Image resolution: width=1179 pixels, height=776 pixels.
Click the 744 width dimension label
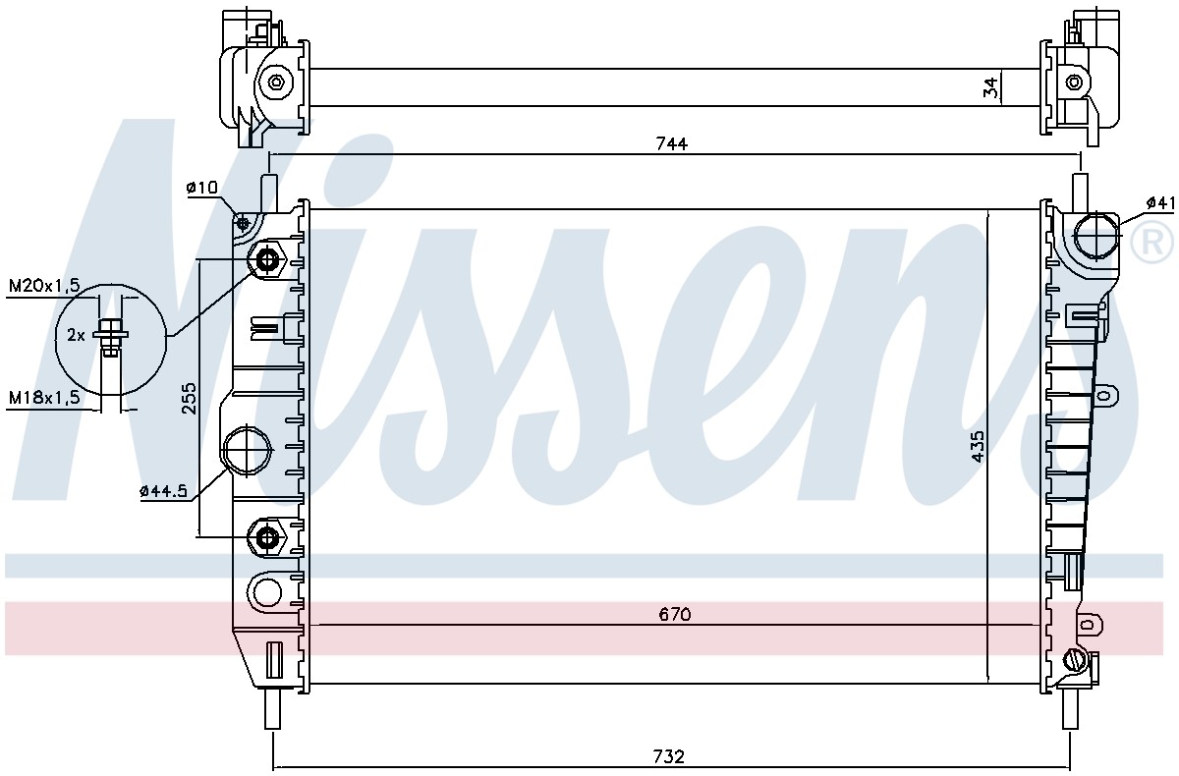click(672, 143)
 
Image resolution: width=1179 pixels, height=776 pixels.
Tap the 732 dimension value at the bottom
click(668, 756)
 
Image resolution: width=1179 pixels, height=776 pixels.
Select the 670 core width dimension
click(674, 614)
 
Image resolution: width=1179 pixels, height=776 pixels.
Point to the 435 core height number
click(977, 447)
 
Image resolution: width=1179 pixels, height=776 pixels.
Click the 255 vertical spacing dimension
click(189, 398)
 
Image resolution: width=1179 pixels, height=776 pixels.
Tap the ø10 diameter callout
click(201, 188)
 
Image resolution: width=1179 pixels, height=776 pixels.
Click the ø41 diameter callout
click(1160, 202)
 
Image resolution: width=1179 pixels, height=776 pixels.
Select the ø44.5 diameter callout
click(163, 491)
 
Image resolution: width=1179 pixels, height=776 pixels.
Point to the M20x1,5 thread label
click(44, 286)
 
